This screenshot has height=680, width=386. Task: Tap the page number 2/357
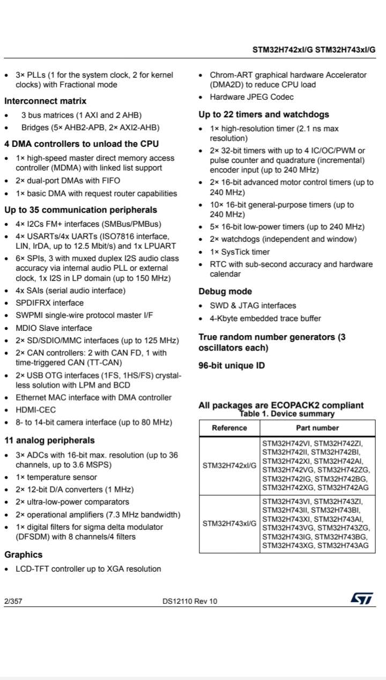coord(13,601)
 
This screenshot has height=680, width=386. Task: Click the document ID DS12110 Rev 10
coord(190,601)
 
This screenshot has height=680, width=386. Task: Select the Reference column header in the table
coord(229,428)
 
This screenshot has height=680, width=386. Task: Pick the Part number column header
coord(317,428)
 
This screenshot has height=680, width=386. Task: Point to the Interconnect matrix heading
coord(46,101)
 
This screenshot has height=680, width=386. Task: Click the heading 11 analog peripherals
coord(49,440)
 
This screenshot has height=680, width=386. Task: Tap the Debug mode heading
coord(225,291)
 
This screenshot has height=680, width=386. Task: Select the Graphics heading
coord(24,555)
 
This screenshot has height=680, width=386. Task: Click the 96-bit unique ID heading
coord(231,366)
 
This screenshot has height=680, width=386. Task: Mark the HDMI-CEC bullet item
coord(35,410)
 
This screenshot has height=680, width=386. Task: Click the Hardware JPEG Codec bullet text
coord(251,97)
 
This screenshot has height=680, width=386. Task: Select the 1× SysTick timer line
coord(240,252)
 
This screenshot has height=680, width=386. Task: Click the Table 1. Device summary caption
coord(287,413)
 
